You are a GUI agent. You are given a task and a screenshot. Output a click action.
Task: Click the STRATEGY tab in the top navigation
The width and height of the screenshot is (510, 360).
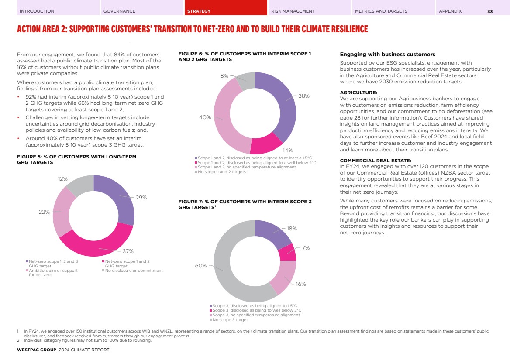[x=199, y=11]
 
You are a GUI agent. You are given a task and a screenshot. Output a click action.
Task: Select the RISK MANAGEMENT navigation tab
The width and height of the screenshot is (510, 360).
[x=293, y=11]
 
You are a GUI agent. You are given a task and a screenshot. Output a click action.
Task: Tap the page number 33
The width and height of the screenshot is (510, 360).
[x=490, y=11]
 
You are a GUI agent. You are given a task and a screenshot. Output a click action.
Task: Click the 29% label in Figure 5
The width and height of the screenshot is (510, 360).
[x=141, y=198]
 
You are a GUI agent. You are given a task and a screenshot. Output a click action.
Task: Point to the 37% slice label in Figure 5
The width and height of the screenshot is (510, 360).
[x=128, y=251]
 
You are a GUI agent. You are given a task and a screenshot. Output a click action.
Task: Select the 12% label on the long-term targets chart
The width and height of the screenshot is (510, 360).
[x=63, y=179]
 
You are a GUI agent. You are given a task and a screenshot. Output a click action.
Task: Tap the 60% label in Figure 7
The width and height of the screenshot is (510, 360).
[x=200, y=265]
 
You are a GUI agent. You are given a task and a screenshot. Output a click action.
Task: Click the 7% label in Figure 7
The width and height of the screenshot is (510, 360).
[x=306, y=248]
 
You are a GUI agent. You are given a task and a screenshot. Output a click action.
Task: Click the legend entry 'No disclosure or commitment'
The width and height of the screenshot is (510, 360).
[x=134, y=271]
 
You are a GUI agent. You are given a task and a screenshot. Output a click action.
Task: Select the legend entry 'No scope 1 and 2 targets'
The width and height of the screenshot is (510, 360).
[x=221, y=172]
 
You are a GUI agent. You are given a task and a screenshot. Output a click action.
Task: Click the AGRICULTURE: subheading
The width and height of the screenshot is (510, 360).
[x=358, y=93]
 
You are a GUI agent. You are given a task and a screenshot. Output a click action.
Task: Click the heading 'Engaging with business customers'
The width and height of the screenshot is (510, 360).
[x=387, y=55]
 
